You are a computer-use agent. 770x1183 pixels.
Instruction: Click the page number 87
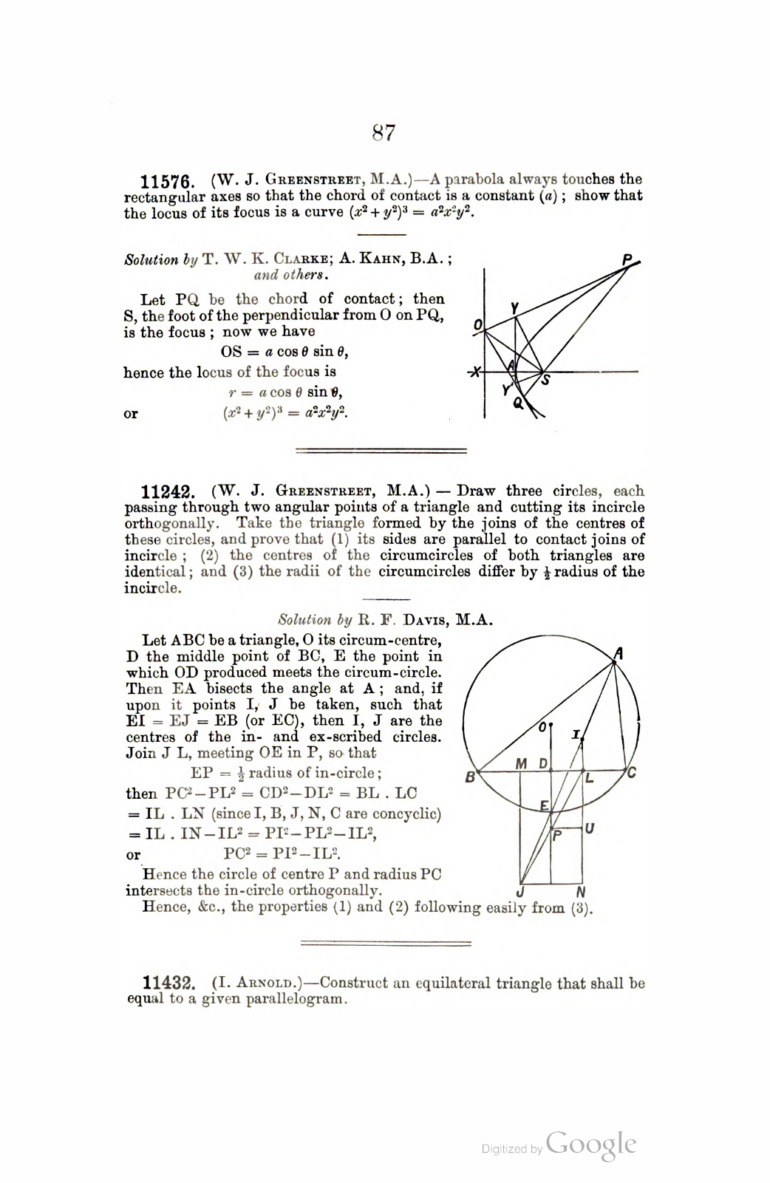tap(384, 133)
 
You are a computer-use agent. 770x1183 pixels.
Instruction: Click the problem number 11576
tap(167, 182)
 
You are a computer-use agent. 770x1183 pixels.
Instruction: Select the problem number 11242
tap(167, 493)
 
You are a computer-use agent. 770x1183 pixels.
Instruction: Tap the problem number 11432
tap(168, 984)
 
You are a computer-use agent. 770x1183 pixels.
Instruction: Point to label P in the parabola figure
tap(627, 259)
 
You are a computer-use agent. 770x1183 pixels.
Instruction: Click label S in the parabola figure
tap(547, 381)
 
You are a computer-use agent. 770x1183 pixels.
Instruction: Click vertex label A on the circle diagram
tap(619, 653)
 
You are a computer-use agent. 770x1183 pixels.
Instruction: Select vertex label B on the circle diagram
tap(469, 777)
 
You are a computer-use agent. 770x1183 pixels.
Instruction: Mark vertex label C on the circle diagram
tap(632, 774)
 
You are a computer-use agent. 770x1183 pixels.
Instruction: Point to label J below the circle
tap(521, 892)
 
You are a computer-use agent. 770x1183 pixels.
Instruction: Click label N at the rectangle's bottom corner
tap(580, 892)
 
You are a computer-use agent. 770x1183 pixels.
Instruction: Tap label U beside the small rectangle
tap(590, 829)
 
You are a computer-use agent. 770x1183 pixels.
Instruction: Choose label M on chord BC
tap(521, 763)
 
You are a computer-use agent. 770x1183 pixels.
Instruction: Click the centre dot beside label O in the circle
tap(551, 726)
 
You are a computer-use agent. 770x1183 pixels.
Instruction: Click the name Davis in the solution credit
tap(401, 621)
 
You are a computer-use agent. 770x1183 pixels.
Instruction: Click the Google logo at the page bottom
tap(591, 1145)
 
